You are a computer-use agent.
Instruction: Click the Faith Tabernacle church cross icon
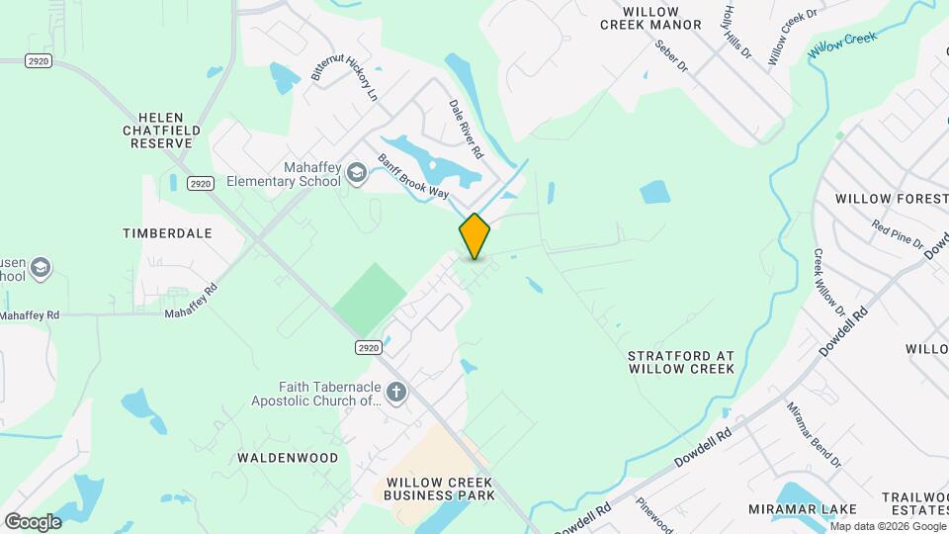(395, 393)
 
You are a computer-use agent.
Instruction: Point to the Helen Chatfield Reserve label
(162, 130)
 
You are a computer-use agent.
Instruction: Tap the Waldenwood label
(288, 458)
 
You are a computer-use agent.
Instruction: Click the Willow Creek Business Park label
(439, 489)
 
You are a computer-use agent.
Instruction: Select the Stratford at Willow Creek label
(681, 361)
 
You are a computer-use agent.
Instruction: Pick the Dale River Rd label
(466, 130)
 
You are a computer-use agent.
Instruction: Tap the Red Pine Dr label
(897, 235)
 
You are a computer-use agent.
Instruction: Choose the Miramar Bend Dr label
(814, 434)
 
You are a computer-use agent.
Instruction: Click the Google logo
(33, 521)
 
